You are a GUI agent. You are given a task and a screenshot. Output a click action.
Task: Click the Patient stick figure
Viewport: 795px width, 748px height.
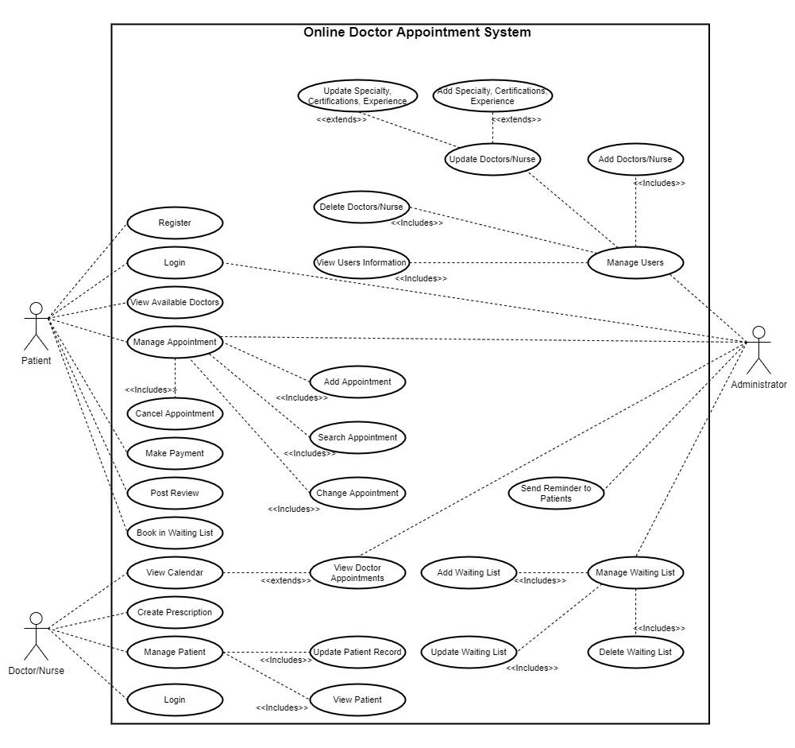tap(35, 326)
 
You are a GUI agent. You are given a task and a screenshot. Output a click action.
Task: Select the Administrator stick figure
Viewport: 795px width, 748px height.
tap(759, 350)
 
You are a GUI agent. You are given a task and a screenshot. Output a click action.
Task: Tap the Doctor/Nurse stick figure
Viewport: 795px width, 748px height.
tap(35, 636)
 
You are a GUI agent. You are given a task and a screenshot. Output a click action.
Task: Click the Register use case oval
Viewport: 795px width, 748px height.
tap(175, 223)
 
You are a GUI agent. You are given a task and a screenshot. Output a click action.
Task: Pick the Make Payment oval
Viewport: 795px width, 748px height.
tap(175, 453)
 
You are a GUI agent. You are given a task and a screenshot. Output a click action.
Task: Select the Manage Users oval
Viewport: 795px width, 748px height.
tap(635, 262)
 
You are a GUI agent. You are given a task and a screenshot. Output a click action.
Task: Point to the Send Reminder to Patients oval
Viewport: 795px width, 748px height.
tap(556, 493)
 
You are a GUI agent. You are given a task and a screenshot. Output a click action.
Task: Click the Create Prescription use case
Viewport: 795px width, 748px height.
tap(175, 612)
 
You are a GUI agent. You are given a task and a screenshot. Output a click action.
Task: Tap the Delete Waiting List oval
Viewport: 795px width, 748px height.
tap(635, 653)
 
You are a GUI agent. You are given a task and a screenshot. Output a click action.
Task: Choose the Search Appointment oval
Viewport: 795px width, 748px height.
tap(357, 437)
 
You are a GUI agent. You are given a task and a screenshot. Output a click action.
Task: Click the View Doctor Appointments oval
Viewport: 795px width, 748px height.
tap(357, 573)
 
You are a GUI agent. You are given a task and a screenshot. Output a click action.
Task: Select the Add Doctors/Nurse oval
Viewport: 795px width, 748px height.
tap(635, 159)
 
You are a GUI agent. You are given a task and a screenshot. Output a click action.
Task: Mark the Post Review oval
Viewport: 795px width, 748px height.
tap(175, 493)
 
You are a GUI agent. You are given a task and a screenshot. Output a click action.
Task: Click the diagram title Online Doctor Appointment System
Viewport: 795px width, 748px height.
tap(417, 33)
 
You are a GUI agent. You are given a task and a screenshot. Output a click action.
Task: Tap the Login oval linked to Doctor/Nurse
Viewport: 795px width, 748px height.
tap(175, 700)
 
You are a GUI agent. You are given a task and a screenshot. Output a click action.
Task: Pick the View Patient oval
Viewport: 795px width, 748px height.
tap(357, 700)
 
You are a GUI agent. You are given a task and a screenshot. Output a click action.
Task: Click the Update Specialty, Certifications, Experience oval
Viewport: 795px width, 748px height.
tap(357, 95)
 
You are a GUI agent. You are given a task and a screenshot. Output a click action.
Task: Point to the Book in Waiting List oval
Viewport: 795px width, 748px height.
tap(175, 533)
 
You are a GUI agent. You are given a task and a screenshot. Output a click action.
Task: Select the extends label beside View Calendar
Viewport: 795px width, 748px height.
tap(286, 580)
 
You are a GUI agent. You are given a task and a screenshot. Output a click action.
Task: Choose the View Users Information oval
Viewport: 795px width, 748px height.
tap(362, 262)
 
